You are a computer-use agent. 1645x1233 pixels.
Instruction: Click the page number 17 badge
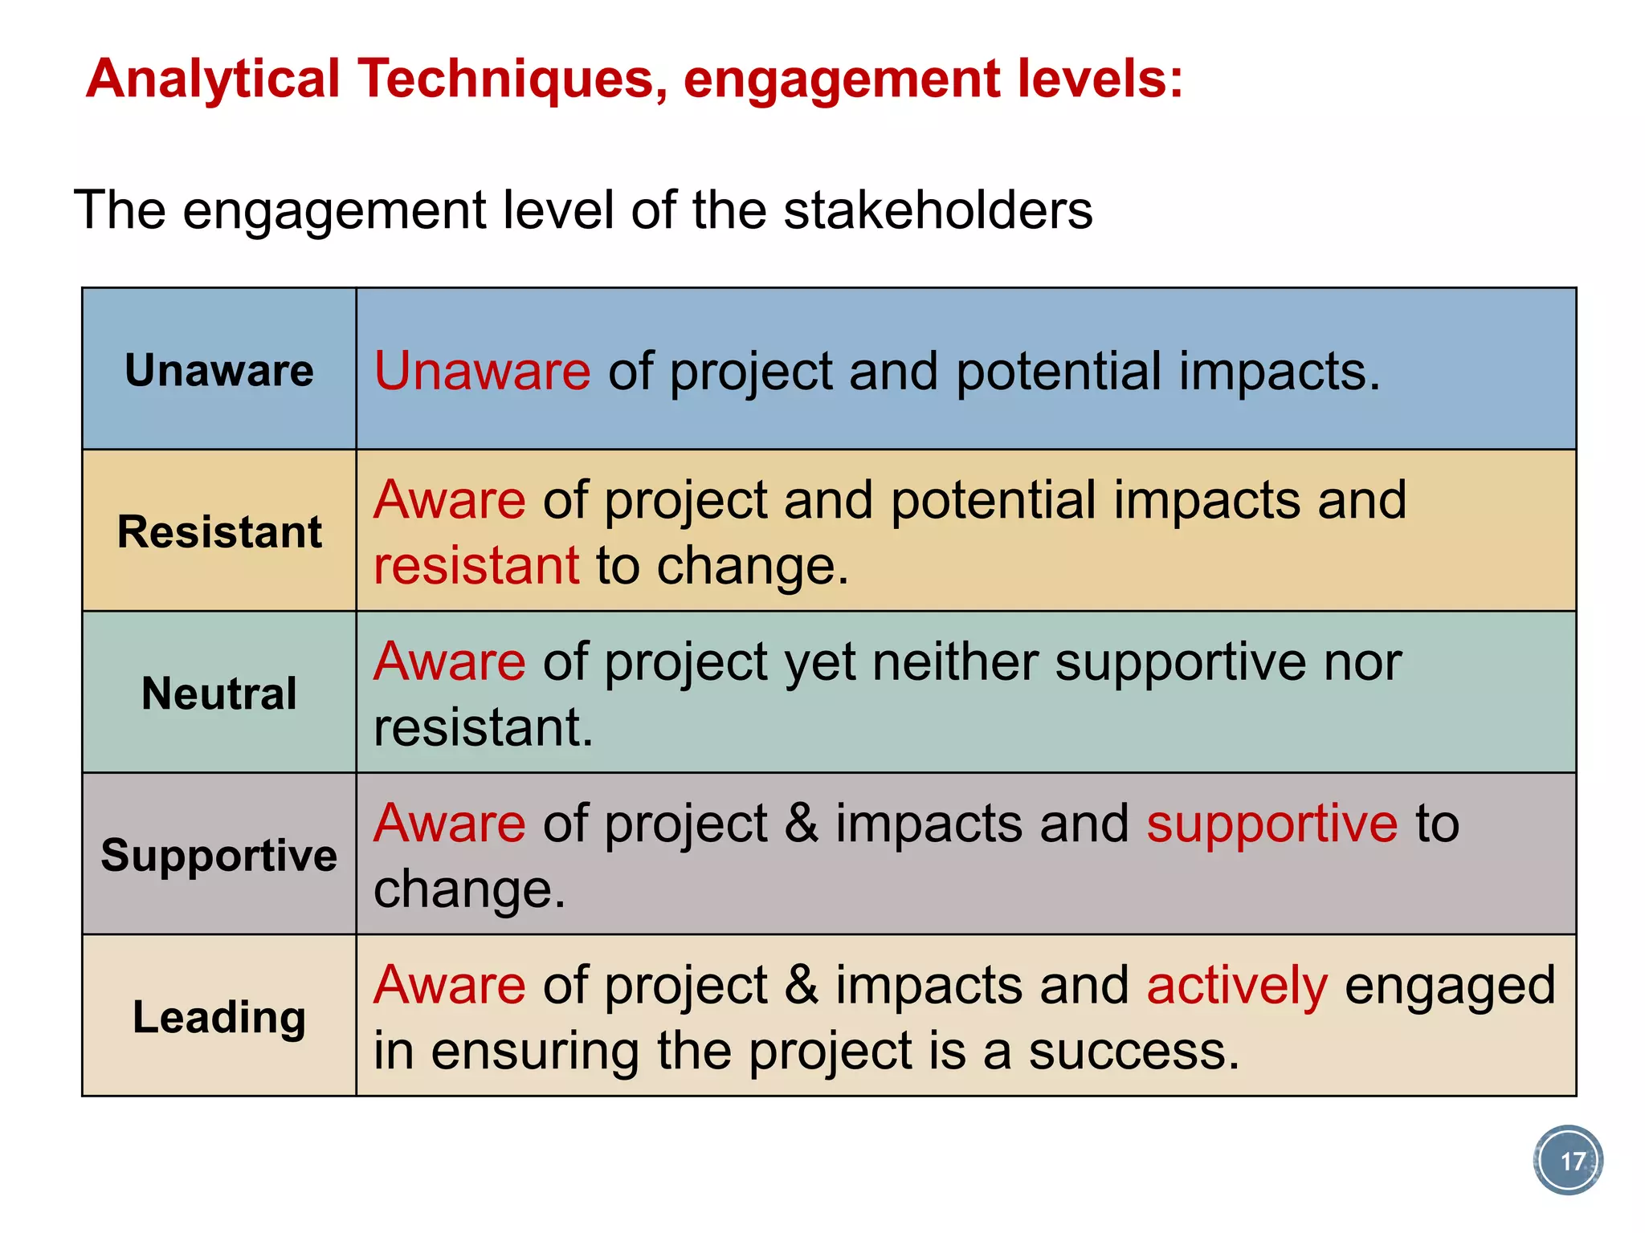tap(1568, 1161)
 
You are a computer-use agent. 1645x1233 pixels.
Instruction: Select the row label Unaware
tap(218, 370)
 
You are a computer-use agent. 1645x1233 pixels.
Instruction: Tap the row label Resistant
tap(218, 531)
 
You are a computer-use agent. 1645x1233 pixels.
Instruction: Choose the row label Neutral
tap(218, 694)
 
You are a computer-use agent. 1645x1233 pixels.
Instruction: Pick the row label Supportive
tap(218, 855)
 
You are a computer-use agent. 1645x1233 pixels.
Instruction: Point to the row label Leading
tap(218, 1017)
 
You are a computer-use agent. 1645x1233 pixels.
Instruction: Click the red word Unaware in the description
tap(482, 371)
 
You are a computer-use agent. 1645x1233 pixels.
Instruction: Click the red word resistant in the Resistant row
tap(476, 565)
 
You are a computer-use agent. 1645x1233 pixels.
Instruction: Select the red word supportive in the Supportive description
tap(1272, 824)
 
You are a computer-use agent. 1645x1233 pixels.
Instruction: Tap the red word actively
tap(1237, 986)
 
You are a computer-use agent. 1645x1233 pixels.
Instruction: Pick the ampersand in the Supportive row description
tap(801, 824)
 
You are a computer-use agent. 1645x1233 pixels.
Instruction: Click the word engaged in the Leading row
tap(1450, 987)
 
